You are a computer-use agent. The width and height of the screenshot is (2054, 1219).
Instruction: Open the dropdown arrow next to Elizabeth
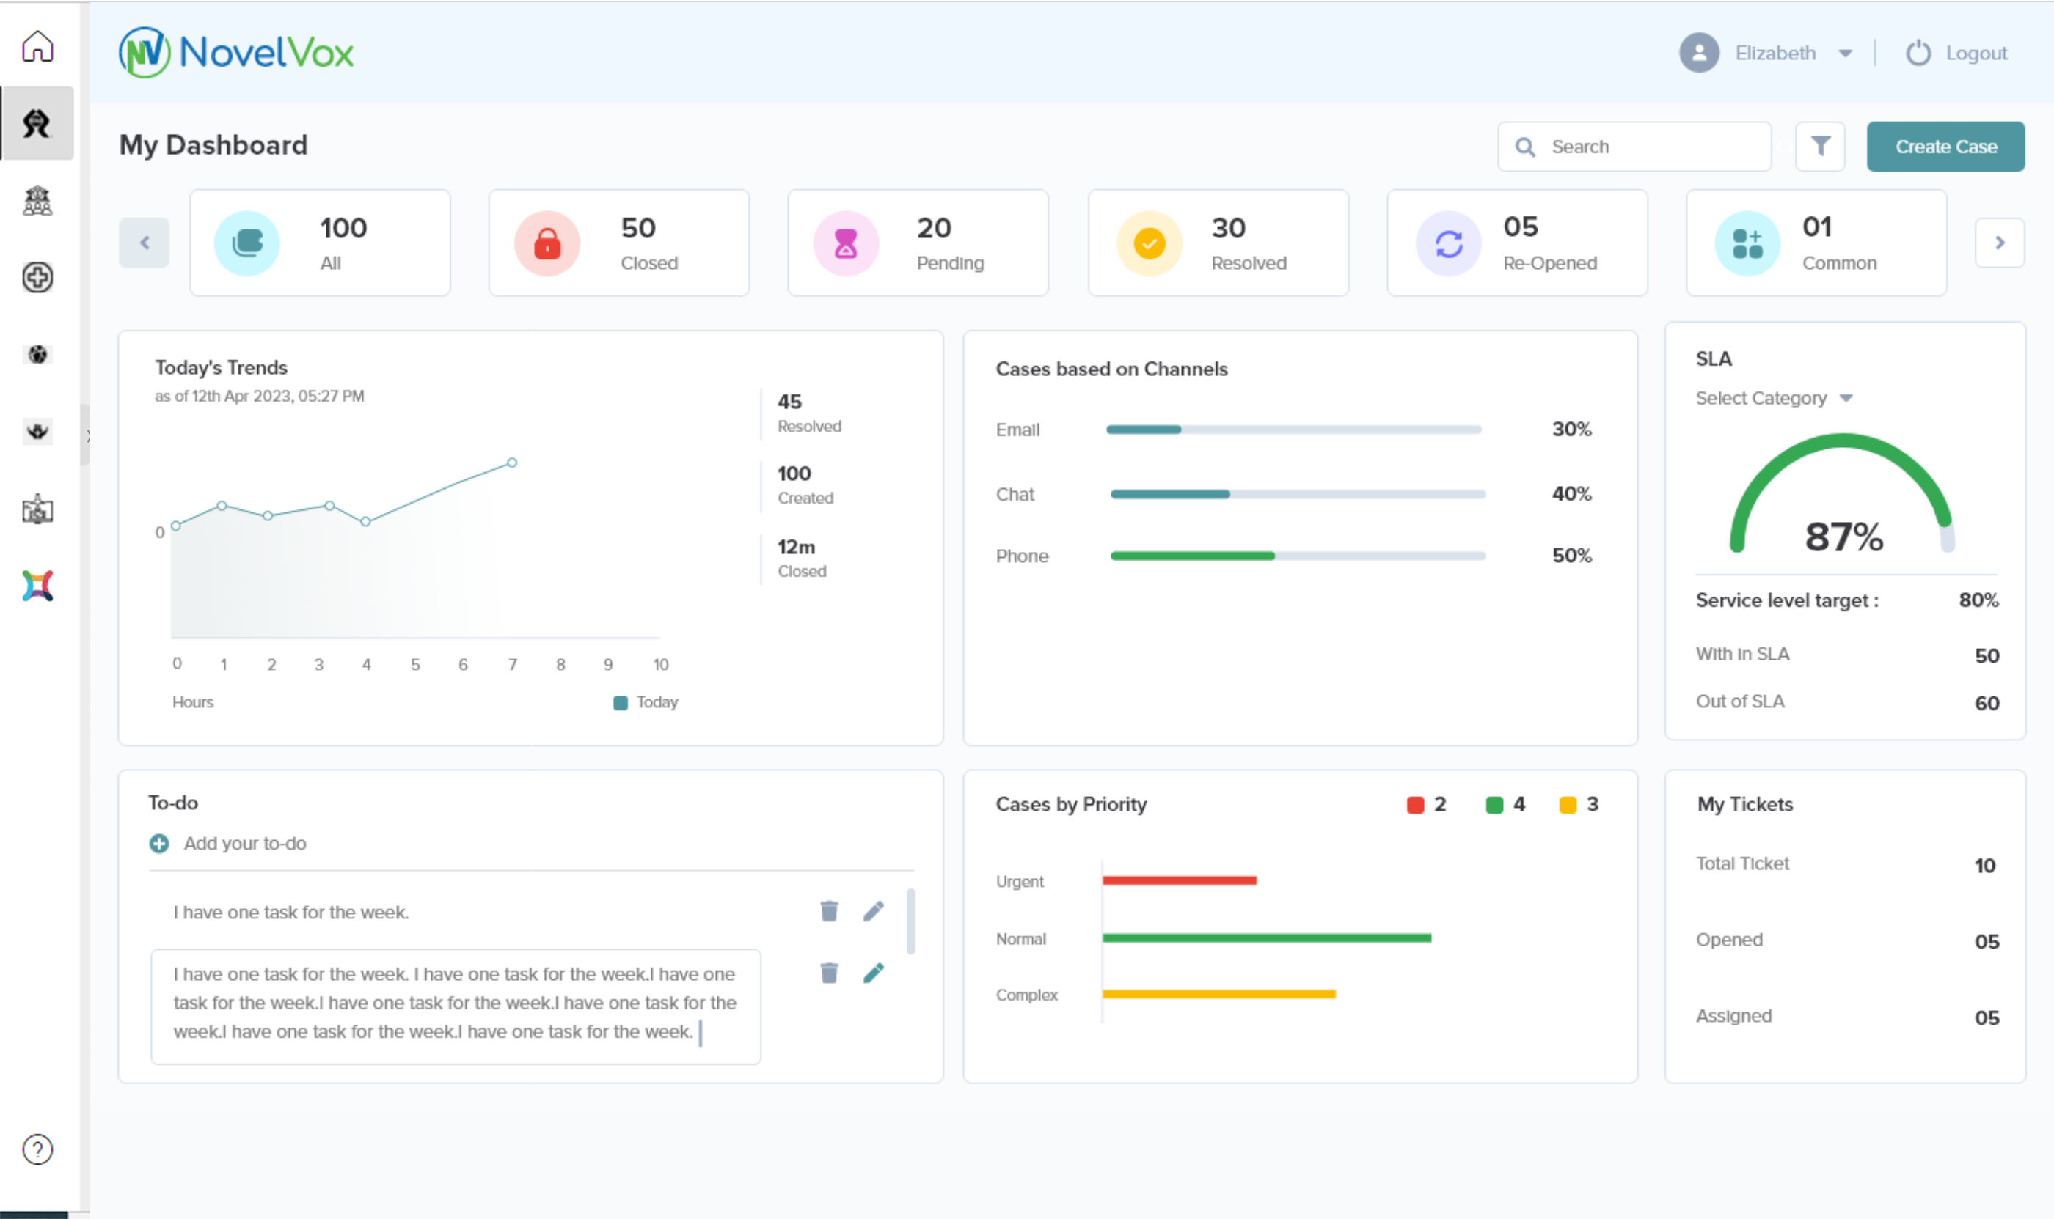click(x=1845, y=54)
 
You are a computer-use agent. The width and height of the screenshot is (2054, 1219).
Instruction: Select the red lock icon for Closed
click(x=547, y=243)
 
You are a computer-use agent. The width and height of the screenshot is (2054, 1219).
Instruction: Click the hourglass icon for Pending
click(x=846, y=243)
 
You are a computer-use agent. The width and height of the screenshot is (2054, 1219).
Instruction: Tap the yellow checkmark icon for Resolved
click(x=1149, y=243)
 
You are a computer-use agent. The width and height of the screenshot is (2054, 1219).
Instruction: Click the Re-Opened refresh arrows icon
click(x=1448, y=243)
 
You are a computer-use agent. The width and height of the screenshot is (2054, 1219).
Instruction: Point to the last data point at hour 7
click(x=512, y=463)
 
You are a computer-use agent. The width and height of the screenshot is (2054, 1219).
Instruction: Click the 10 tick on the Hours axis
click(x=661, y=665)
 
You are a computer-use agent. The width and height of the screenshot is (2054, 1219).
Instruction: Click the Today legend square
click(x=621, y=702)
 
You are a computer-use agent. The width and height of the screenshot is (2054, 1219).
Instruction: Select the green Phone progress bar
click(x=1192, y=556)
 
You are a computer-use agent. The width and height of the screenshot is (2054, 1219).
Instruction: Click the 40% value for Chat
click(x=1571, y=493)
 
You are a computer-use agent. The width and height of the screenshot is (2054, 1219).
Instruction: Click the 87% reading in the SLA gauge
click(x=1843, y=537)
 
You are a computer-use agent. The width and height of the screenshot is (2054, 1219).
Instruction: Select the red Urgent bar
click(x=1180, y=880)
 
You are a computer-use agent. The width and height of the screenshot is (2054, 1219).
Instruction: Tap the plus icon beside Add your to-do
click(x=159, y=844)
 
